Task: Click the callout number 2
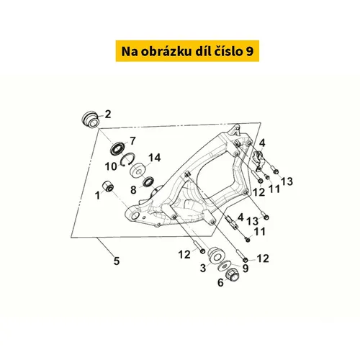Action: [x=108, y=114]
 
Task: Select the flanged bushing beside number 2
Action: [x=90, y=120]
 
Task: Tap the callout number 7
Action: [x=132, y=140]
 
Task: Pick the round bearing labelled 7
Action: [x=118, y=148]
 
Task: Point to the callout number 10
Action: [x=111, y=166]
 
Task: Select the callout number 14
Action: [x=154, y=158]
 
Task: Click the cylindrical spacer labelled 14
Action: [x=138, y=171]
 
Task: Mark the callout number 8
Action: [x=133, y=190]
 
